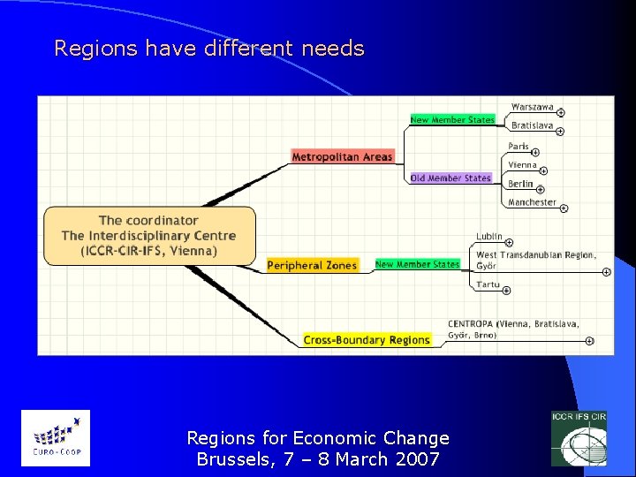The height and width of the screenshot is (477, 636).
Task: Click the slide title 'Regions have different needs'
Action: pyautogui.click(x=209, y=49)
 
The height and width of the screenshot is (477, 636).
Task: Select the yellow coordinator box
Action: pyautogui.click(x=149, y=235)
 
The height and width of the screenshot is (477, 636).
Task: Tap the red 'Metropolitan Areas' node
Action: pyautogui.click(x=342, y=157)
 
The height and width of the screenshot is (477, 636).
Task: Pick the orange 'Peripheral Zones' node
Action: pyautogui.click(x=313, y=265)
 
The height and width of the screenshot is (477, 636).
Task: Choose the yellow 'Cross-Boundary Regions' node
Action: pyautogui.click(x=367, y=340)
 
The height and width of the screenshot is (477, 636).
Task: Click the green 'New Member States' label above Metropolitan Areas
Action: pyautogui.click(x=452, y=120)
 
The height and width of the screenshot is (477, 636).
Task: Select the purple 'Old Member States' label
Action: pyautogui.click(x=450, y=178)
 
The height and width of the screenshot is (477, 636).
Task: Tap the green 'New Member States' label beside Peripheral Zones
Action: pyautogui.click(x=417, y=264)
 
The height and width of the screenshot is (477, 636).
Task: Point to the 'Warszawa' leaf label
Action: pyautogui.click(x=532, y=107)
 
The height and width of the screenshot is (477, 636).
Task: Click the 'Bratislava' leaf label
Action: pyautogui.click(x=532, y=125)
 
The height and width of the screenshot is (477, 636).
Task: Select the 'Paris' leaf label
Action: pyautogui.click(x=519, y=146)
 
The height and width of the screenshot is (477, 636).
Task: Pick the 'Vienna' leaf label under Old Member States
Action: pyautogui.click(x=522, y=164)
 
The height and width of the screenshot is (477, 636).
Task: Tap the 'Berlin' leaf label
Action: pyautogui.click(x=520, y=184)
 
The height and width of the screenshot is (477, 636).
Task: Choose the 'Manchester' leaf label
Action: pyautogui.click(x=532, y=202)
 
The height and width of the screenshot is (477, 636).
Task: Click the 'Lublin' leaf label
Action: pyautogui.click(x=489, y=236)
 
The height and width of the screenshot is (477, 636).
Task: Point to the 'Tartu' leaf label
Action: pyautogui.click(x=488, y=284)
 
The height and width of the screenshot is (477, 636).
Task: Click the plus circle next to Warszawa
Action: pyautogui.click(x=561, y=112)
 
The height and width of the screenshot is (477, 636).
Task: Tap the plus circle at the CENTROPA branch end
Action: pyautogui.click(x=589, y=341)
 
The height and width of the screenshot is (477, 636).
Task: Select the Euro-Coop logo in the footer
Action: pyautogui.click(x=55, y=438)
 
